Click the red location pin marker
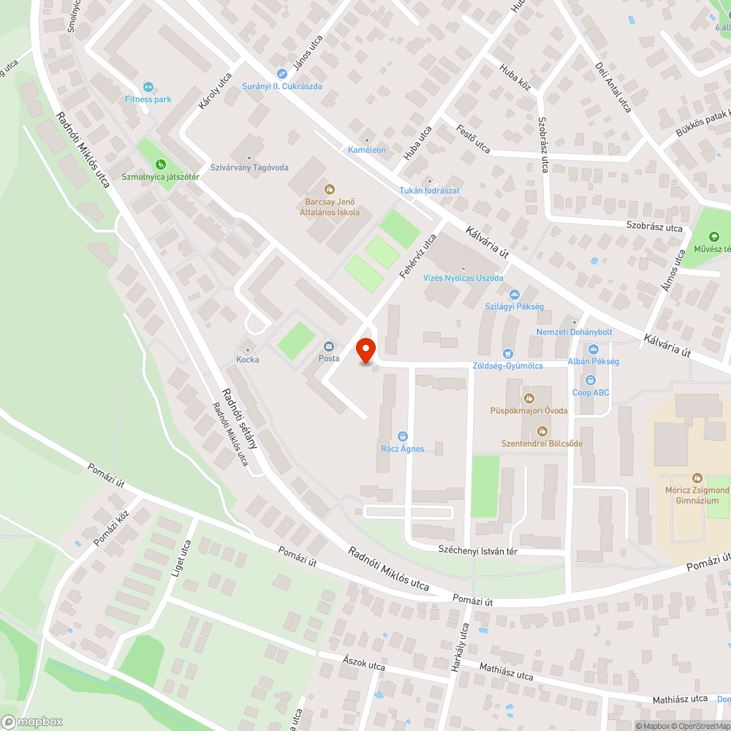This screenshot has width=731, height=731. tap(365, 350)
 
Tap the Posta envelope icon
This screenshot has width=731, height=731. tap(329, 346)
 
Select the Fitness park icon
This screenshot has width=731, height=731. tap(148, 87)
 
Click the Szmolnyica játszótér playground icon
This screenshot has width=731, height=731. tap(160, 164)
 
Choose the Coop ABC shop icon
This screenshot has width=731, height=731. tap(591, 380)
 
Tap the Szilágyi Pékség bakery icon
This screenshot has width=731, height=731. tap(514, 295)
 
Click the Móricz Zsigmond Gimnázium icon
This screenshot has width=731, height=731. tap(697, 477)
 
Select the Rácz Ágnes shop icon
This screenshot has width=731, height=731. tap(402, 436)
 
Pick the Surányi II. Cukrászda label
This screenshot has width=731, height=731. tap(282, 86)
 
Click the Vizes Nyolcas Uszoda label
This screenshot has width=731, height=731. tap(463, 278)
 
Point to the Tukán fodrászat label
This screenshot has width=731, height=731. tap(429, 191)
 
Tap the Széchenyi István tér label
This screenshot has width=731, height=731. tap(477, 550)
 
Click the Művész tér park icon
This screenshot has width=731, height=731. tap(713, 236)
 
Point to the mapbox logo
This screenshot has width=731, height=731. tap(32, 721)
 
